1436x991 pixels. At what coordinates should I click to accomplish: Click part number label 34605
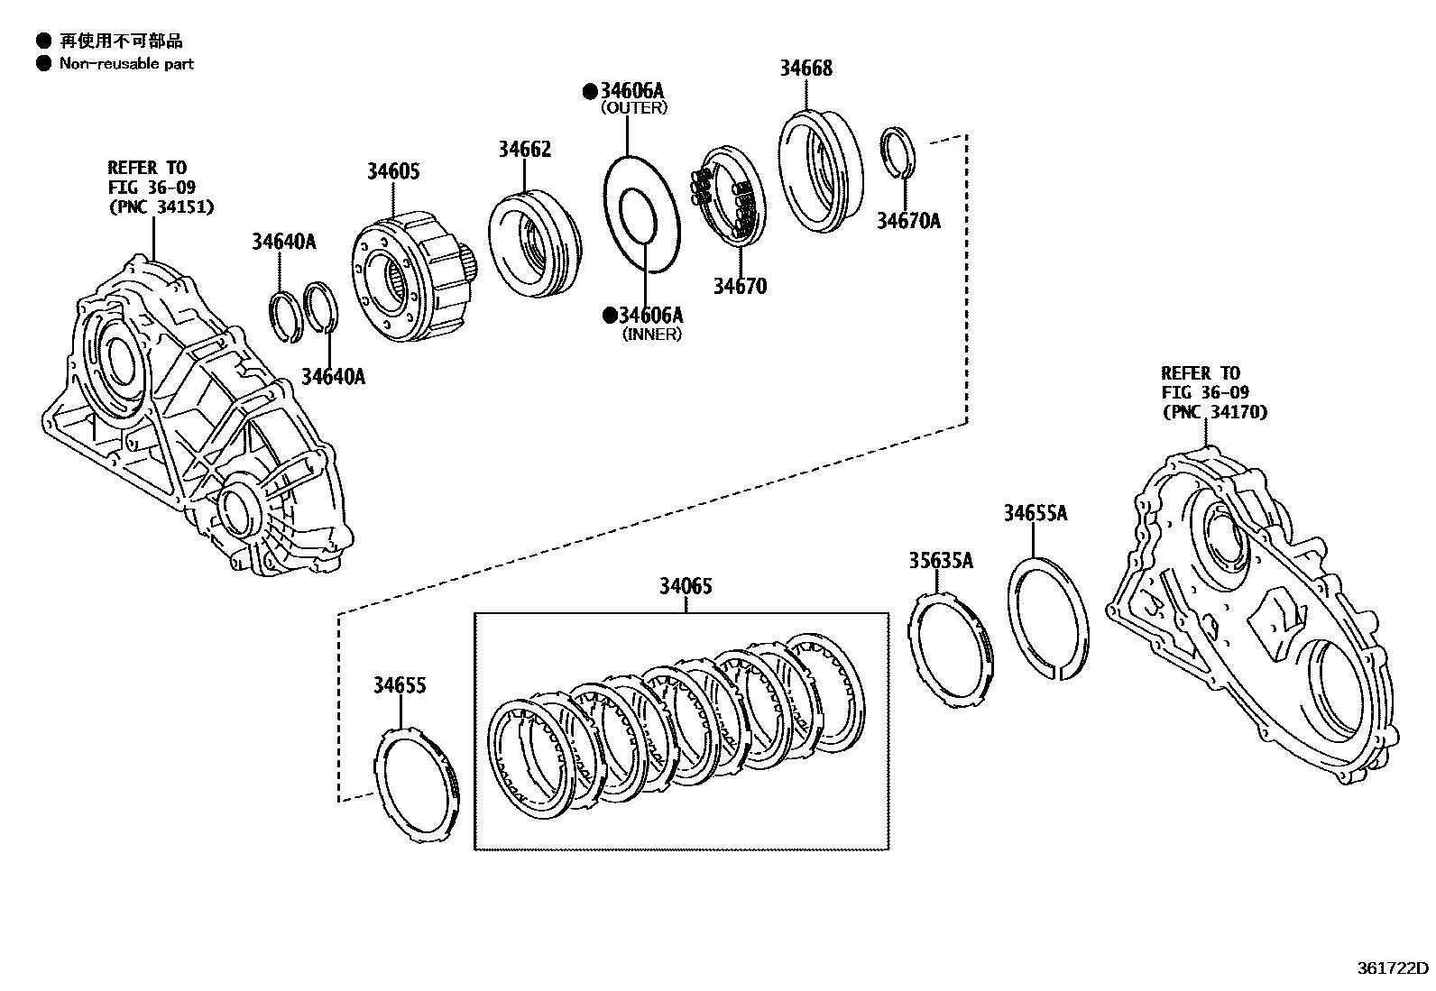[x=392, y=171]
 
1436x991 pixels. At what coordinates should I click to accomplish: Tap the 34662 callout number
[x=524, y=149]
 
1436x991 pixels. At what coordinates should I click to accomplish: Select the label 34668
[x=805, y=68]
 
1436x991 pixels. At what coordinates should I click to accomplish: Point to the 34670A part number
[x=908, y=221]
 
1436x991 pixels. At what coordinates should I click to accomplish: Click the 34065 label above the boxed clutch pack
[x=685, y=586]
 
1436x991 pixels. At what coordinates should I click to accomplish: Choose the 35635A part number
[x=940, y=560]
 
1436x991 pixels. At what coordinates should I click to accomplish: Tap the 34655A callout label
[x=1035, y=513]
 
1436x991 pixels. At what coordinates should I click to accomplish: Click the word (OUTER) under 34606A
[x=634, y=108]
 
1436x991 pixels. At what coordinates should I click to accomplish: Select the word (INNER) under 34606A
[x=651, y=335]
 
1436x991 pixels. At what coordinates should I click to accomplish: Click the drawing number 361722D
[x=1393, y=968]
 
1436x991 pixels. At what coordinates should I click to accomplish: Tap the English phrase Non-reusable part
[x=126, y=64]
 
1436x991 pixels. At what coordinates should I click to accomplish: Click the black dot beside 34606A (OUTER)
[x=590, y=90]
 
